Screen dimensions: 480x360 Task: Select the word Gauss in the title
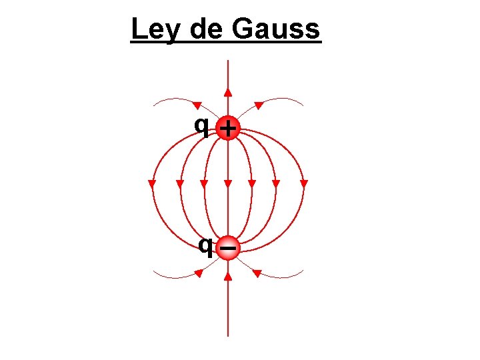[277, 30]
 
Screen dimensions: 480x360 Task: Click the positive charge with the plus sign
[228, 127]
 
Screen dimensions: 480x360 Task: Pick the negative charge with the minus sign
[228, 247]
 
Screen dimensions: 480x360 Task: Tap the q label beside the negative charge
[207, 246]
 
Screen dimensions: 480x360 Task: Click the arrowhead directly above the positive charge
[228, 92]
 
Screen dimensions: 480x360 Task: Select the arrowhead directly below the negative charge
[228, 273]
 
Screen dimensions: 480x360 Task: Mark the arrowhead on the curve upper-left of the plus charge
[197, 105]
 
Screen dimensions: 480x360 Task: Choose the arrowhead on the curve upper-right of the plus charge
[258, 105]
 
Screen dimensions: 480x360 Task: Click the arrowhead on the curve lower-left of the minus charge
[198, 272]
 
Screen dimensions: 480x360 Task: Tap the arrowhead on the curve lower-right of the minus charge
[257, 272]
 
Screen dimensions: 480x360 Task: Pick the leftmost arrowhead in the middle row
[152, 183]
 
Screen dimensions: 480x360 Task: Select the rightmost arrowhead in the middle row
[304, 183]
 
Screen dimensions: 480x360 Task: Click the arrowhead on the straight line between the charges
[228, 183]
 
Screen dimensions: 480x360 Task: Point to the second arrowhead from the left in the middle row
[179, 183]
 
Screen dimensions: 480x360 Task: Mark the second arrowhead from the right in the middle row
[277, 183]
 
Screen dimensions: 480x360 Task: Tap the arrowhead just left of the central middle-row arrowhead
[204, 183]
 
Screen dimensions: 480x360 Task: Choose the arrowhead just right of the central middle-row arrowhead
[252, 183]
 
